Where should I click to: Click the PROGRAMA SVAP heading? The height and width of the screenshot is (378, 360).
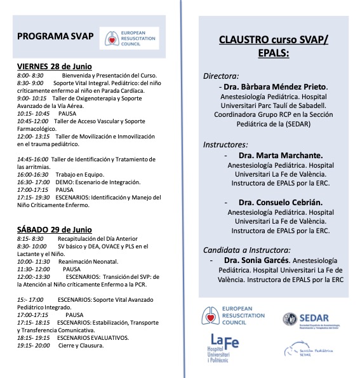click(56, 36)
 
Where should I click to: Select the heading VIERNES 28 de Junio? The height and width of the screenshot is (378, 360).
click(54, 67)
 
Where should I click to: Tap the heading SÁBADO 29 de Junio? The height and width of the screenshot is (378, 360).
click(54, 229)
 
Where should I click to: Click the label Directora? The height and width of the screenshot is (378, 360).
click(221, 75)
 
